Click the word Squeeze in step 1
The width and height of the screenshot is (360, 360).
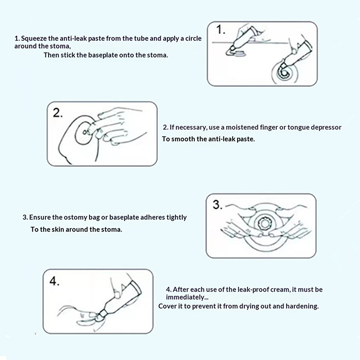(34, 39)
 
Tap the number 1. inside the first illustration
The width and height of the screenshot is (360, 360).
(220, 30)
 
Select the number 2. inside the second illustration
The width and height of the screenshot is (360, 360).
(58, 113)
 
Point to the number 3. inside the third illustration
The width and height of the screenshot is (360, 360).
(217, 204)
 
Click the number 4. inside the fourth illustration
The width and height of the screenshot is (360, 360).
(54, 281)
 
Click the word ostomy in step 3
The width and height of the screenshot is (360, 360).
(75, 218)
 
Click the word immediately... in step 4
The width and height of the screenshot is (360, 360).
(187, 297)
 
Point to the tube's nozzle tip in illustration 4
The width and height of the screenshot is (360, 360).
(100, 316)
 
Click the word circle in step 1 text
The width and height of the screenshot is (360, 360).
(193, 39)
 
